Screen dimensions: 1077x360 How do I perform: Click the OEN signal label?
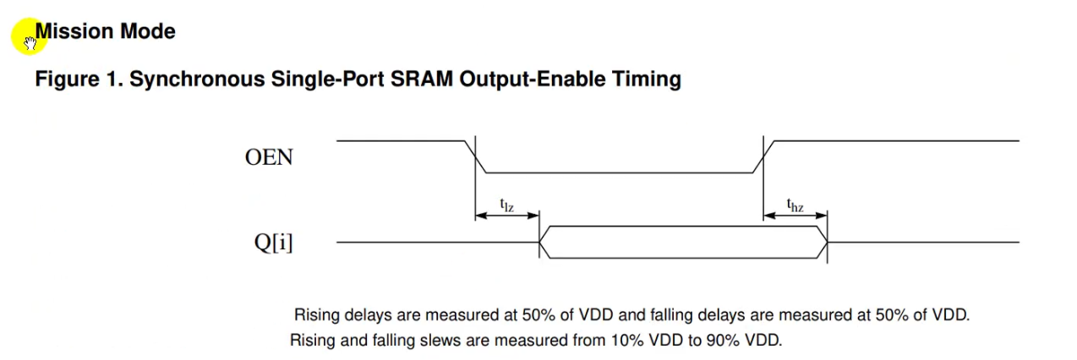269,157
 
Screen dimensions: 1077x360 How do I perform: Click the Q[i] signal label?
273,243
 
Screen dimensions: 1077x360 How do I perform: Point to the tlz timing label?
506,205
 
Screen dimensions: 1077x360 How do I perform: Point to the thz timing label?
795,205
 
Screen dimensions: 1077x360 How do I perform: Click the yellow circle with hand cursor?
29,36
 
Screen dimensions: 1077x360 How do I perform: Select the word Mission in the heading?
74,31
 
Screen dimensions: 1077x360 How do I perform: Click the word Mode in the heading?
148,31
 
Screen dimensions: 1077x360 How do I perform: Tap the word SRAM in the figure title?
422,79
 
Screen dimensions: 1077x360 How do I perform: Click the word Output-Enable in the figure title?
533,79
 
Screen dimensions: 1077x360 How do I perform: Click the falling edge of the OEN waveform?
475,156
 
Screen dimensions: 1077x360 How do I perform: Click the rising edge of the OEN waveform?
763,156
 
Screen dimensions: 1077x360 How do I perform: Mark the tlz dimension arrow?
507,215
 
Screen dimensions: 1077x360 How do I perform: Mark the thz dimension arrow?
795,215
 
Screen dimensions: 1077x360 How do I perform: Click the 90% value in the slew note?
723,341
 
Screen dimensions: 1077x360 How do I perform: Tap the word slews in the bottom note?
440,341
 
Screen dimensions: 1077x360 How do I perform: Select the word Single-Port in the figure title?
327,79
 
